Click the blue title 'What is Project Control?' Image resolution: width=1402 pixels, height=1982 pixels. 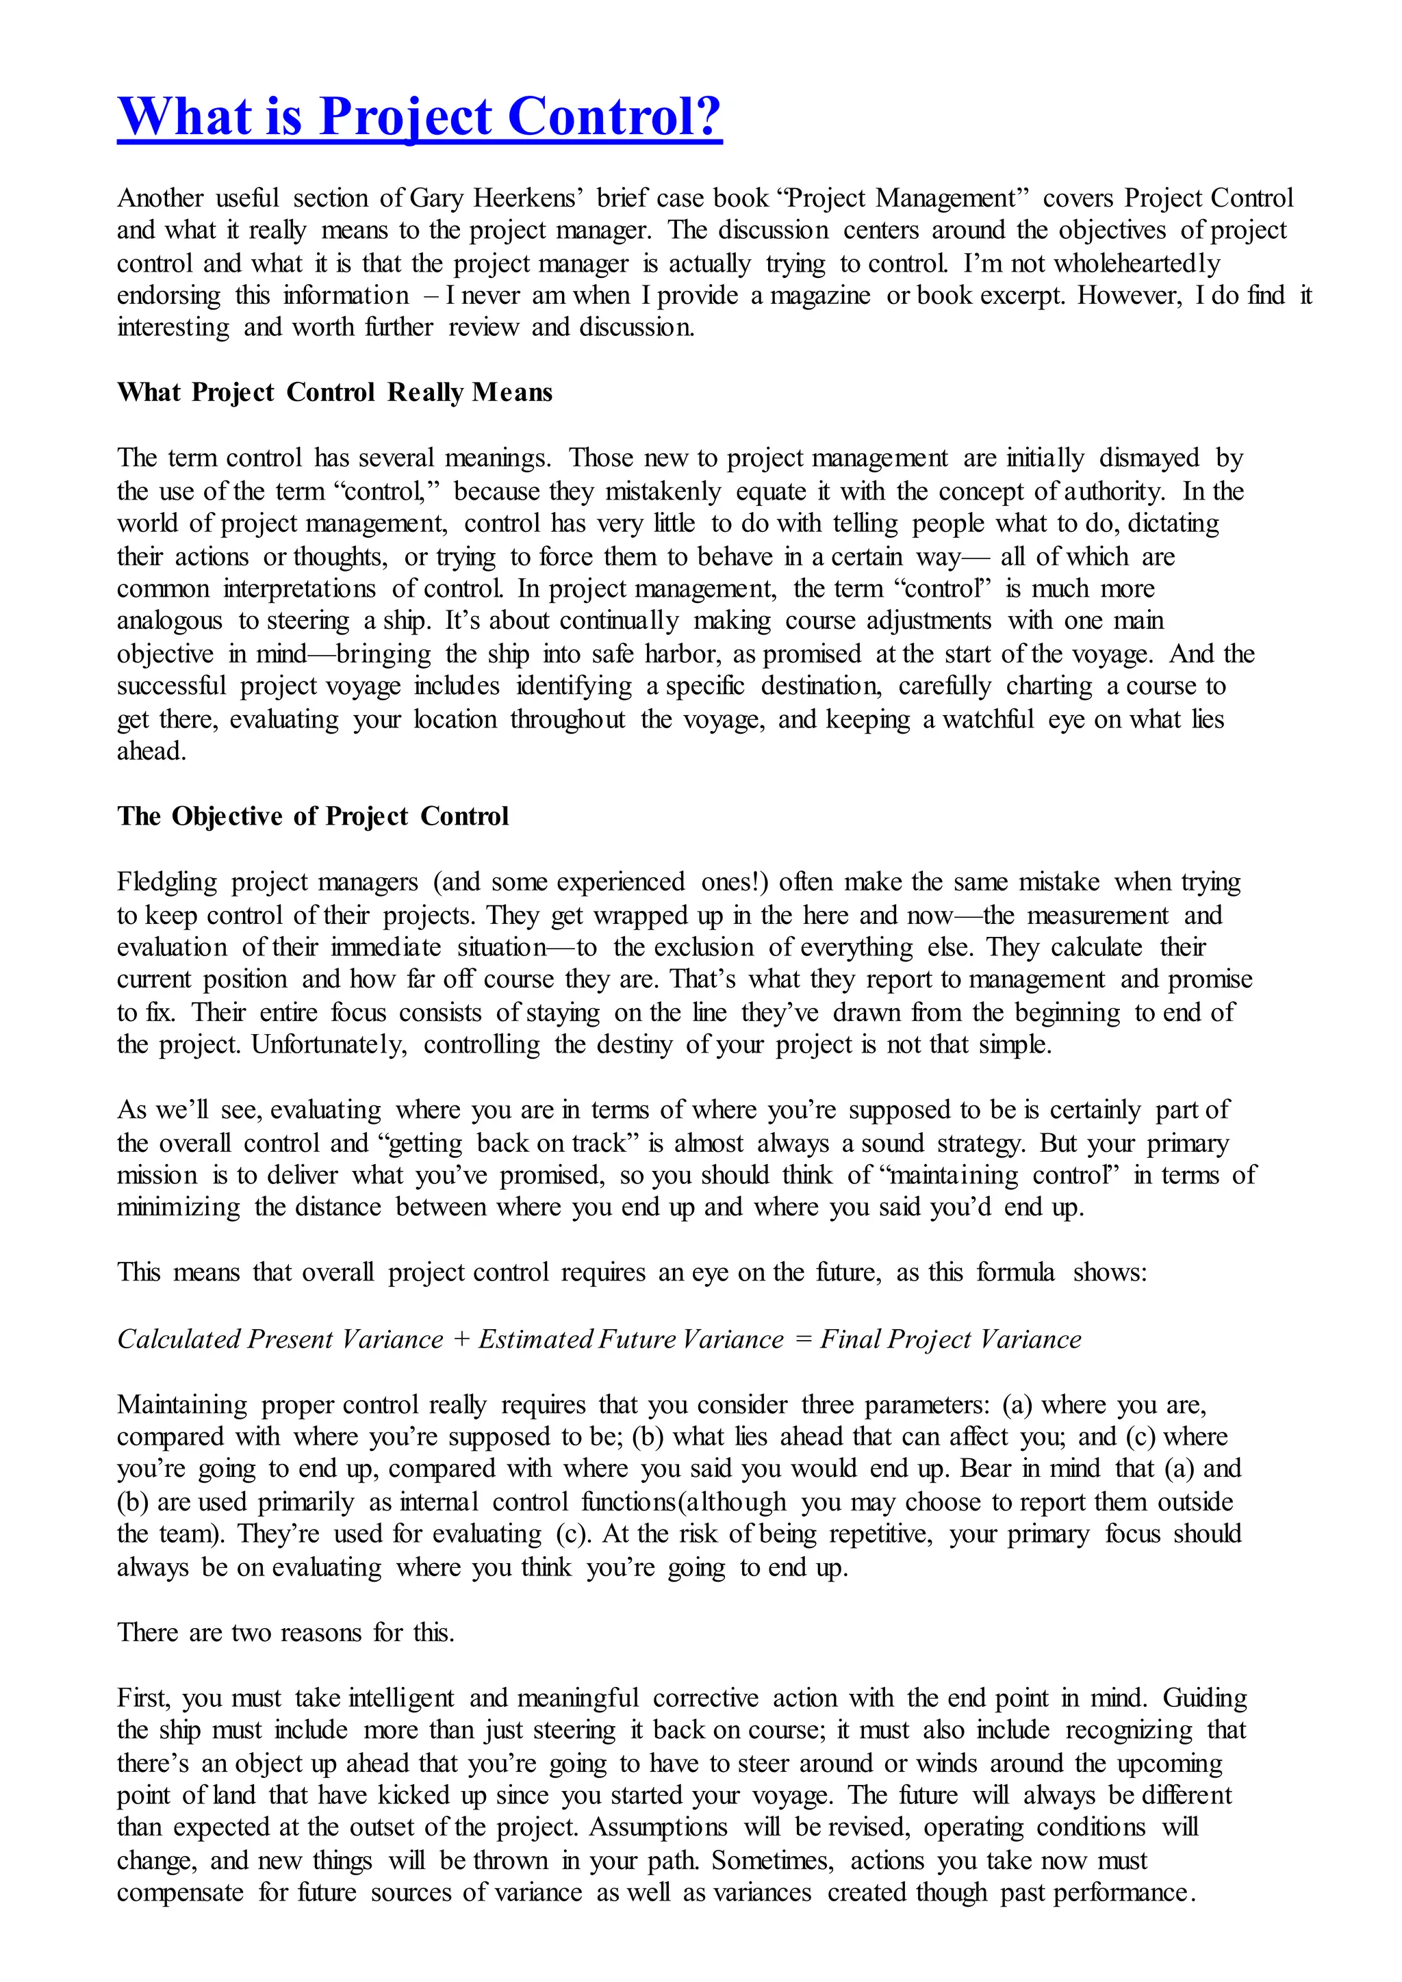(420, 116)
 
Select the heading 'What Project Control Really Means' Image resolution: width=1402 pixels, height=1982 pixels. (334, 393)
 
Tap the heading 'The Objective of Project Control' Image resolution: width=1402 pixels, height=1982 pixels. (313, 816)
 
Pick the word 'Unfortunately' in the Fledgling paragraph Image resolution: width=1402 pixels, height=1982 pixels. (329, 1044)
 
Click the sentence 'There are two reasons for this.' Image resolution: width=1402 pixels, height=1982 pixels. (285, 1632)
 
